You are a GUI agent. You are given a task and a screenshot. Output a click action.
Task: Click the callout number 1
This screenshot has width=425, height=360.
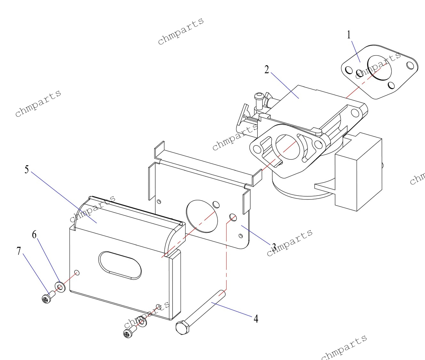pos(349,35)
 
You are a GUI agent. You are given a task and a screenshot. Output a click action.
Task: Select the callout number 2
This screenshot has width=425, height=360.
pos(267,69)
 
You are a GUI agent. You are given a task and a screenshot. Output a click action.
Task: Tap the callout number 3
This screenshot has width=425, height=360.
pos(274,247)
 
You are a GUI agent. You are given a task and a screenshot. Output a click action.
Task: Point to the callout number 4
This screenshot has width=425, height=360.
pos(256,318)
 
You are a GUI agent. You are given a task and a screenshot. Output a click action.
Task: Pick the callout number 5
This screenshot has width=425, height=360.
pos(27,169)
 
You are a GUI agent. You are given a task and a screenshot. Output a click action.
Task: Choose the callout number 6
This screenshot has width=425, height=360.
pos(34,235)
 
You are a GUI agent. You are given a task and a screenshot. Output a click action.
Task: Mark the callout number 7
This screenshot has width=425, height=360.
pos(19,251)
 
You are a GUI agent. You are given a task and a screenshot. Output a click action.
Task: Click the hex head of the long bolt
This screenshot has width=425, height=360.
pos(182,327)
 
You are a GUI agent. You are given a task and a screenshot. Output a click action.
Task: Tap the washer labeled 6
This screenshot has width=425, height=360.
pos(60,286)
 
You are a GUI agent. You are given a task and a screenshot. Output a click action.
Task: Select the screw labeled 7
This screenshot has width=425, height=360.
pos(47,298)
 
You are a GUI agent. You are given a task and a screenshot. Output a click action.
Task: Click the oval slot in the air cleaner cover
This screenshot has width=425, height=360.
pos(120,265)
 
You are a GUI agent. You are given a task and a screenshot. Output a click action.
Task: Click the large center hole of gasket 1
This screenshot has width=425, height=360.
pos(379,67)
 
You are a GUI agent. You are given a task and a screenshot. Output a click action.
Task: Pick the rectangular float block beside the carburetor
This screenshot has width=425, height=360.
pos(358,173)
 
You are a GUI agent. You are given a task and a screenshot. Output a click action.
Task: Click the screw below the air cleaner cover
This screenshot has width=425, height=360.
pos(129,333)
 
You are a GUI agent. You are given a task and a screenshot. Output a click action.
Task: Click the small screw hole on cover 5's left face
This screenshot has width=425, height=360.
pos(77,272)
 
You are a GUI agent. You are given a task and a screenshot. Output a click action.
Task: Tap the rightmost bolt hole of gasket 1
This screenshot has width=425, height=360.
pos(410,65)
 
